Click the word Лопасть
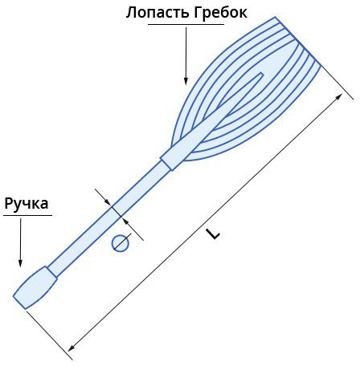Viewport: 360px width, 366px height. click(158, 13)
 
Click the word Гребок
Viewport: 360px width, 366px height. click(221, 13)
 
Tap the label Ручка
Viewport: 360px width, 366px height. click(27, 204)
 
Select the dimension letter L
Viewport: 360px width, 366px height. click(213, 234)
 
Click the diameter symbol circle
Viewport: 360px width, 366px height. click(121, 243)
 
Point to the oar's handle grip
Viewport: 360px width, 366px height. click(35, 287)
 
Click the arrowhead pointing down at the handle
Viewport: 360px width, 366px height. click(20, 262)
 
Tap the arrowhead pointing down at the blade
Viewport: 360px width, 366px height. click(186, 80)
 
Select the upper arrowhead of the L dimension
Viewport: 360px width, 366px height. click(339, 96)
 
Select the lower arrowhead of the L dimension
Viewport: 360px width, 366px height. click(72, 348)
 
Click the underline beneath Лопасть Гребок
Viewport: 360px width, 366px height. click(186, 25)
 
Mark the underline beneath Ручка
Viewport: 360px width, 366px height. click(27, 215)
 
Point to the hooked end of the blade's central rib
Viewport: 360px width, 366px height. click(260, 75)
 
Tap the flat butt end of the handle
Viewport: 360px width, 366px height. click(19, 303)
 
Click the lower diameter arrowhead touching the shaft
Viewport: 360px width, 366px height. click(126, 220)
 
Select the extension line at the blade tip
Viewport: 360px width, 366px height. click(337, 83)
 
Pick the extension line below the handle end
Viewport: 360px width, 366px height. click(50, 335)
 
